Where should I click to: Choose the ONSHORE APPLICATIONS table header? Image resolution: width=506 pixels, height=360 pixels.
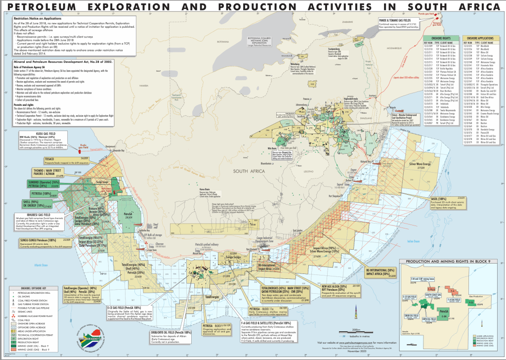(x=481, y=38)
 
